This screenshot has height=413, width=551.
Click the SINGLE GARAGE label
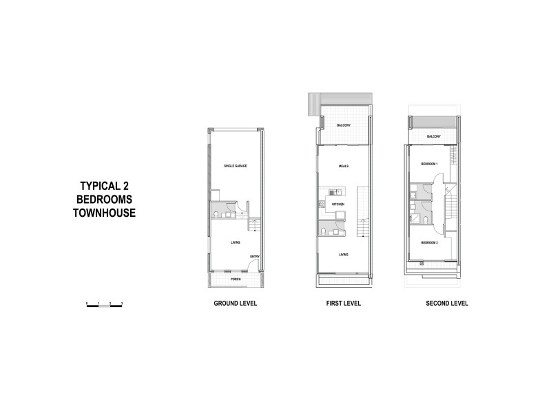tap(235, 167)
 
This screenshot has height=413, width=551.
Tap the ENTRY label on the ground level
tap(254, 257)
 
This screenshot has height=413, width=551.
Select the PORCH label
tap(236, 279)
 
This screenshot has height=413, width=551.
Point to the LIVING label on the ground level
tap(235, 242)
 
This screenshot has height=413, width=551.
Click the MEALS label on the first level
tap(344, 167)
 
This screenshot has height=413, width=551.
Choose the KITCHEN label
tap(338, 205)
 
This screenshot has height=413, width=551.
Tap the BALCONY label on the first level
tap(344, 125)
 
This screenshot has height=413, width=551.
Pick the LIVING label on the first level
tap(344, 254)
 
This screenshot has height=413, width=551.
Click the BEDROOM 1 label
tap(430, 163)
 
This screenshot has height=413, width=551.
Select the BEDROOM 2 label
tap(430, 243)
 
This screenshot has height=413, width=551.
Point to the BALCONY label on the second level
tap(433, 137)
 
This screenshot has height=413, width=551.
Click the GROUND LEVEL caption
tap(236, 304)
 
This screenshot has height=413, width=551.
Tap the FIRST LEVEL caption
tap(344, 304)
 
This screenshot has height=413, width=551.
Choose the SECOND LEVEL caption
tap(433, 304)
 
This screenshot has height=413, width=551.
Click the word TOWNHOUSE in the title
tap(104, 213)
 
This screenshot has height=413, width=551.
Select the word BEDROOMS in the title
tap(105, 199)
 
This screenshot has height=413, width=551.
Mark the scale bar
tap(104, 304)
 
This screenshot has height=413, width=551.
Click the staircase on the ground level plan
tap(255, 225)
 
